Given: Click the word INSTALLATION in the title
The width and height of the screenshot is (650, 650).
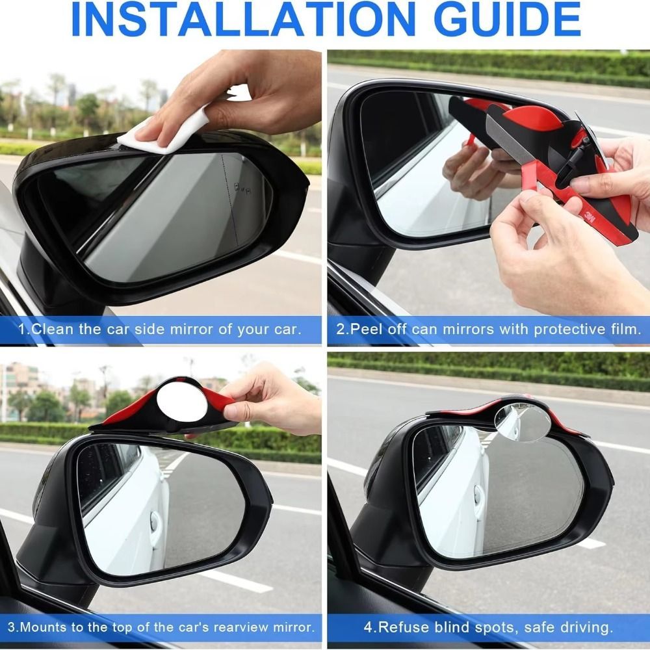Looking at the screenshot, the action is pos(243,19).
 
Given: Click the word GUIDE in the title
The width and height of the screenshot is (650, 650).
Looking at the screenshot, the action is pos(510,19).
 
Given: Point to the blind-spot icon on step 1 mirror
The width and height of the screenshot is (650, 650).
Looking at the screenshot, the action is pos(242,189).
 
